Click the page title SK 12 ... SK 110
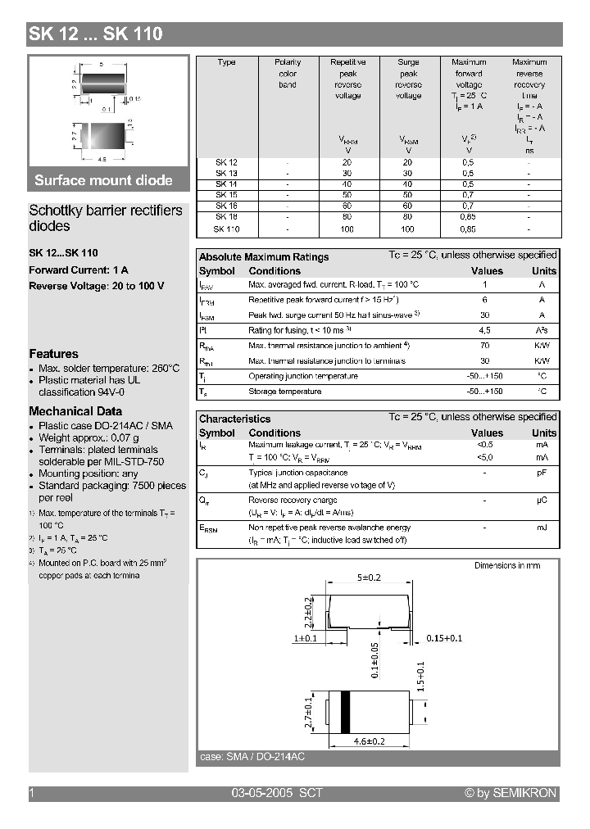click(x=96, y=34)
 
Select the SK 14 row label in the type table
click(x=226, y=184)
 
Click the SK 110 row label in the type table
click(x=226, y=229)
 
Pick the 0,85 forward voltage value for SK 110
click(x=468, y=229)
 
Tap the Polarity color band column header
click(x=288, y=73)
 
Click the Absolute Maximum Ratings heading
click(x=264, y=257)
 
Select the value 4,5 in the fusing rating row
click(x=484, y=330)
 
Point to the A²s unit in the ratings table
click(x=542, y=330)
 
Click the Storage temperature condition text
click(x=284, y=392)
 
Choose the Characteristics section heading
click(x=234, y=419)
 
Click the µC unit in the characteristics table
click(x=542, y=500)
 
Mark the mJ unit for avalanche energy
click(x=542, y=528)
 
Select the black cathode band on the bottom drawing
click(x=346, y=710)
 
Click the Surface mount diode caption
click(x=103, y=180)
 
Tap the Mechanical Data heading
click(x=75, y=411)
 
